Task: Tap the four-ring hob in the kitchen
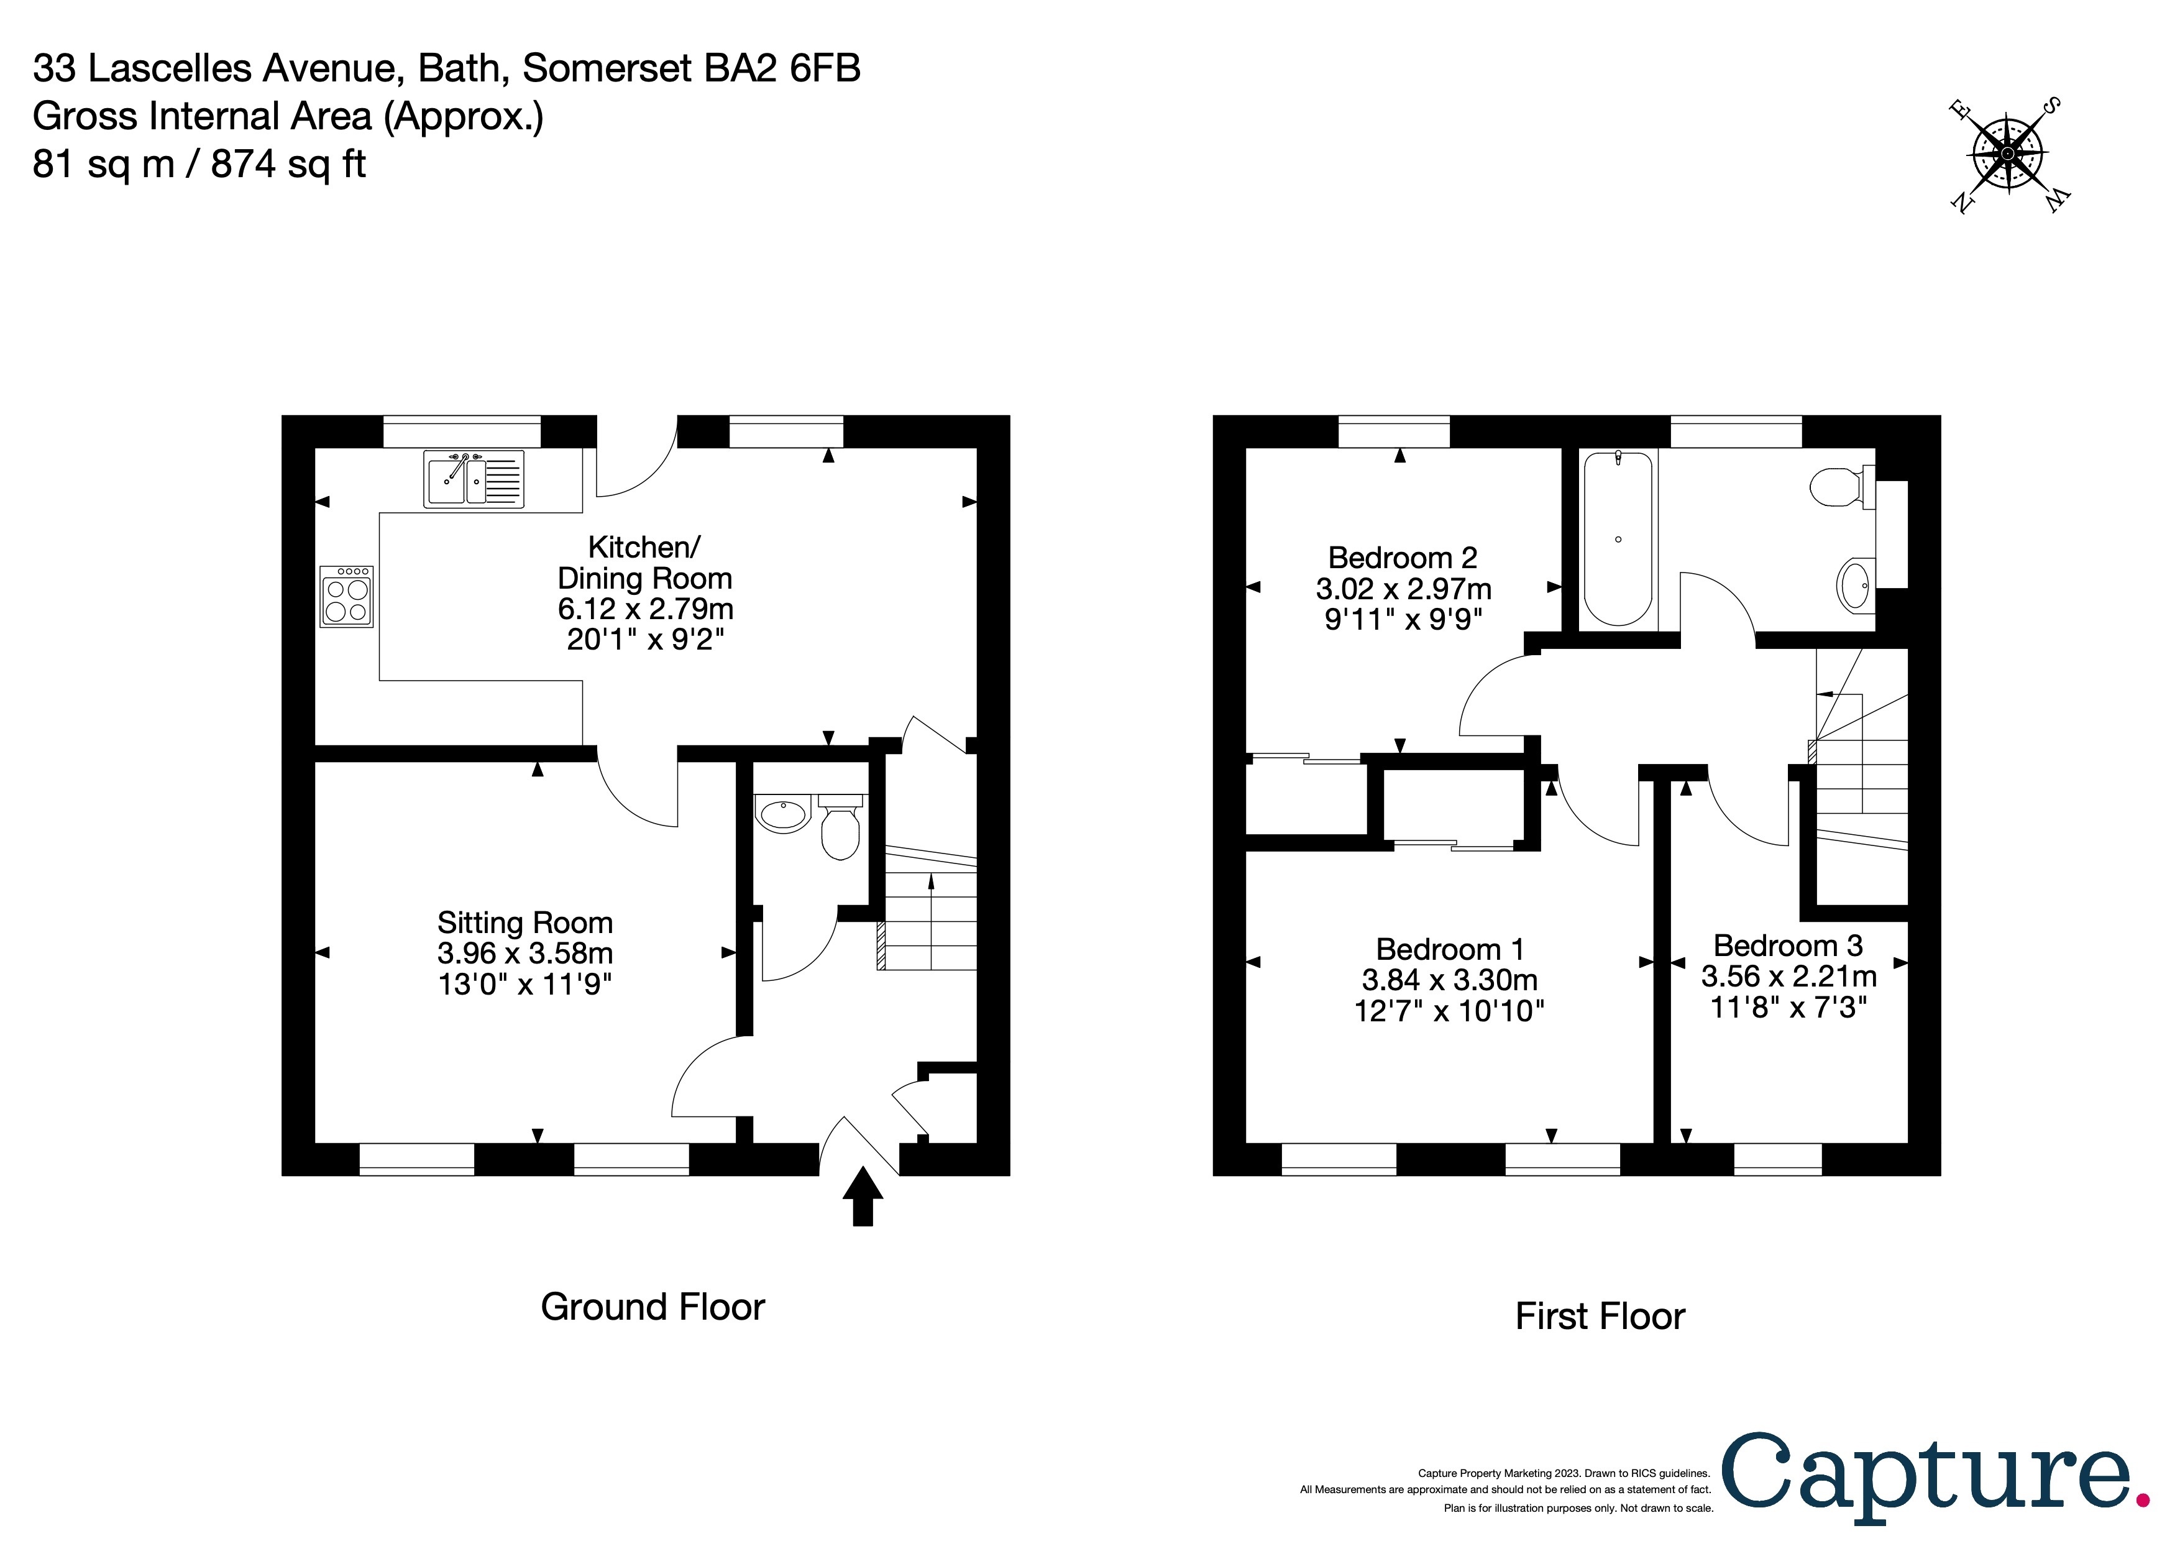(x=347, y=596)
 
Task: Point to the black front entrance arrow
(x=862, y=1197)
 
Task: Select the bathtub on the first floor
(x=1618, y=538)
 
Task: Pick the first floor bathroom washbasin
(x=1856, y=585)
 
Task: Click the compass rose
(x=2007, y=154)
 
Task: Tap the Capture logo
(x=1937, y=1478)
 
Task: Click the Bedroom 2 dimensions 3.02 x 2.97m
(x=1403, y=589)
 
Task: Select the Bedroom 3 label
(x=1788, y=945)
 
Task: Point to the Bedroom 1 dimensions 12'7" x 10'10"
(x=1449, y=1010)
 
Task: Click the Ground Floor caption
(x=653, y=1307)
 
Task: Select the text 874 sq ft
(x=288, y=164)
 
